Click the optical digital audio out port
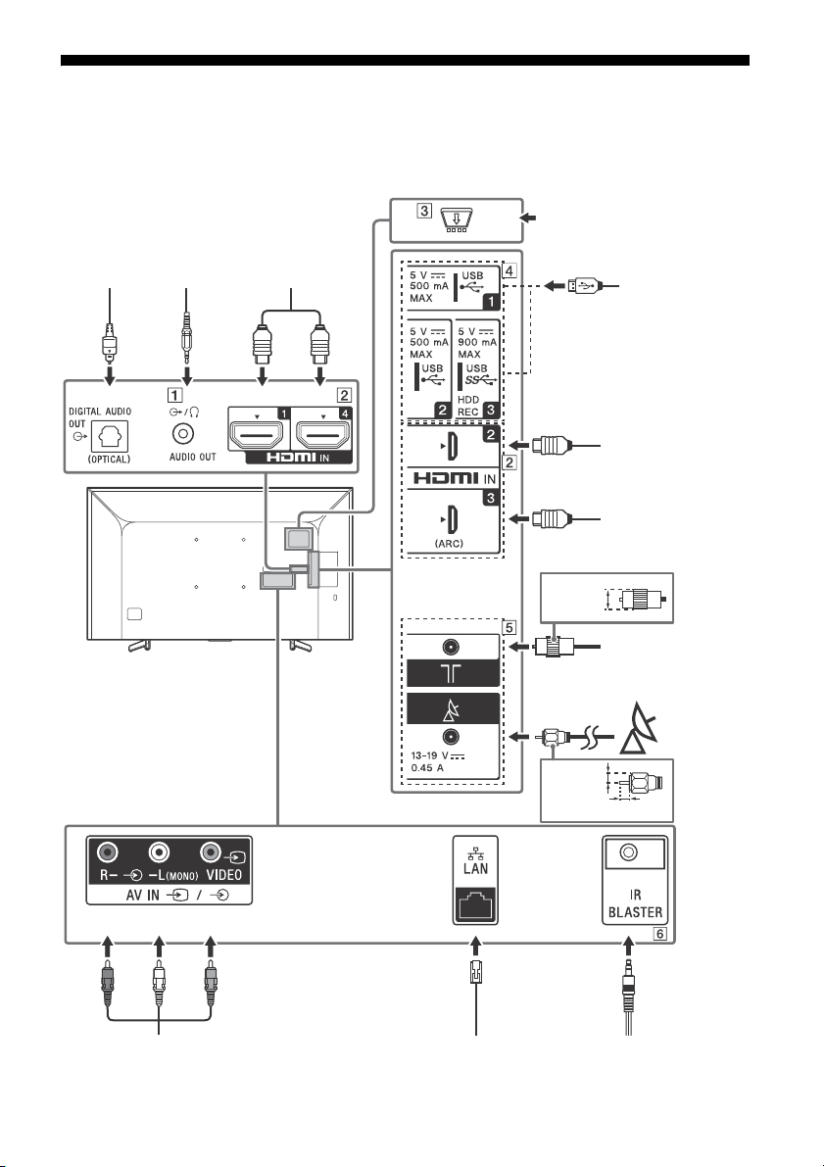110,436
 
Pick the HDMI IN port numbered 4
322,433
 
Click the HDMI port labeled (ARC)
452,518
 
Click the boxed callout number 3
424,210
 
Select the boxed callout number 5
509,627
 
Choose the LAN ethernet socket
475,903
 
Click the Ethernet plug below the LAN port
475,972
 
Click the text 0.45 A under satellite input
427,768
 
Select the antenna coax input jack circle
451,648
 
